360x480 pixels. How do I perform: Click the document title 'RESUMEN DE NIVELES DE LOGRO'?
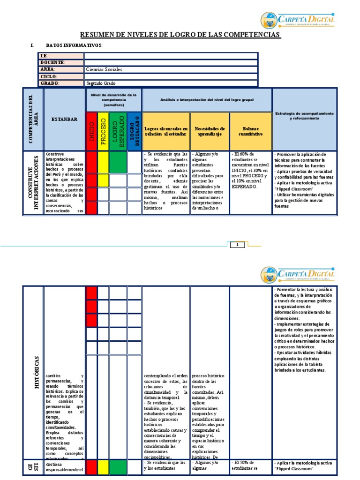point(180,35)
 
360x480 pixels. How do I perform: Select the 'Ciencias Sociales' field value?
point(104,69)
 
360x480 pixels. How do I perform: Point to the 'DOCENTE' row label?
point(52,62)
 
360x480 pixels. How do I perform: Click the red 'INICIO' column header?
point(91,131)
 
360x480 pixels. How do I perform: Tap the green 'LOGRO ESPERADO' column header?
point(118,131)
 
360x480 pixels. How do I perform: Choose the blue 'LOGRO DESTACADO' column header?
point(134,131)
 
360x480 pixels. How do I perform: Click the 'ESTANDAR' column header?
point(64,120)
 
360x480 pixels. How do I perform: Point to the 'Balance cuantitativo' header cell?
point(250,131)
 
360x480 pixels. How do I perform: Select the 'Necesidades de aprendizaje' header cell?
point(210,131)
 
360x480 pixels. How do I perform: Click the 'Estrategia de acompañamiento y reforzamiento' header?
point(304,116)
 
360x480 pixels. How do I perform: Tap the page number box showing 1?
point(237,245)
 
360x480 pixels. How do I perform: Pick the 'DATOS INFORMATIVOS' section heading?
point(74,45)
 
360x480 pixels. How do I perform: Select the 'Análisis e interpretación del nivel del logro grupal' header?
point(207,99)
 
